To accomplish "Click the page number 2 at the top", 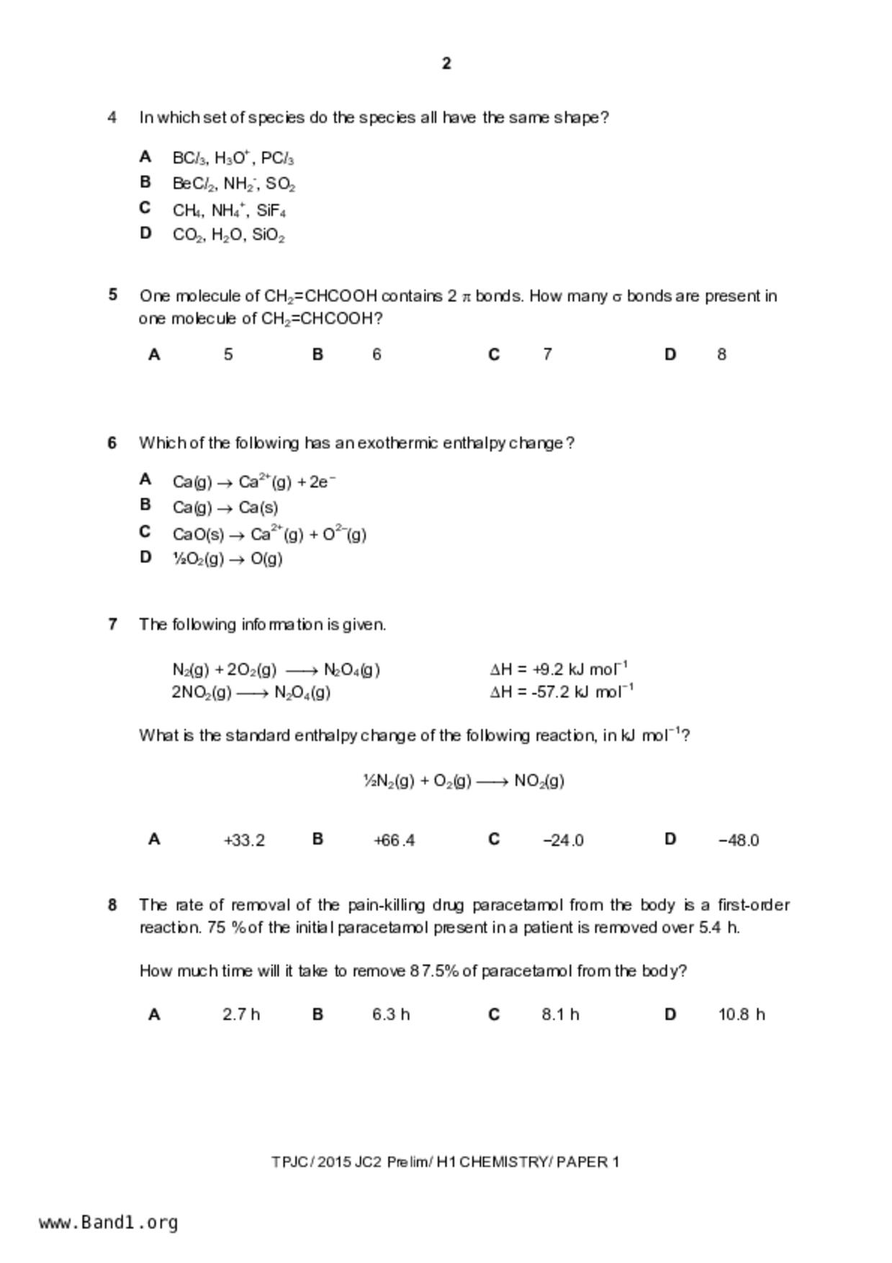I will coord(446,64).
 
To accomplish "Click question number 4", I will coord(112,117).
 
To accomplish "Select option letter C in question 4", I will coord(145,208).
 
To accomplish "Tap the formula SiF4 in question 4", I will coord(271,211).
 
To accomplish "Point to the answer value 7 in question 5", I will coord(547,354).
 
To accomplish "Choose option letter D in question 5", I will coord(670,354).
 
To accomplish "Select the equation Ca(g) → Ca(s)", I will coord(225,508).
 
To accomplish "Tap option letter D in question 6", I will coord(145,557).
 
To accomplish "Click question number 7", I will coord(112,624).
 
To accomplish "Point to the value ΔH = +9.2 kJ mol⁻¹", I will coord(559,669).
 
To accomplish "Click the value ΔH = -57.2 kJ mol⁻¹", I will coord(561,692).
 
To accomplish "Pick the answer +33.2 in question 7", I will coord(244,840).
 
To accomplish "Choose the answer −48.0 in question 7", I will coord(738,840).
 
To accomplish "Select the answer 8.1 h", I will coord(560,1015).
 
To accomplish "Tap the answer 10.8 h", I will coord(741,1015).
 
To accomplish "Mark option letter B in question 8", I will coord(317,1015).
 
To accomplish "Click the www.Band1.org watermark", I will coord(109,1223).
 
